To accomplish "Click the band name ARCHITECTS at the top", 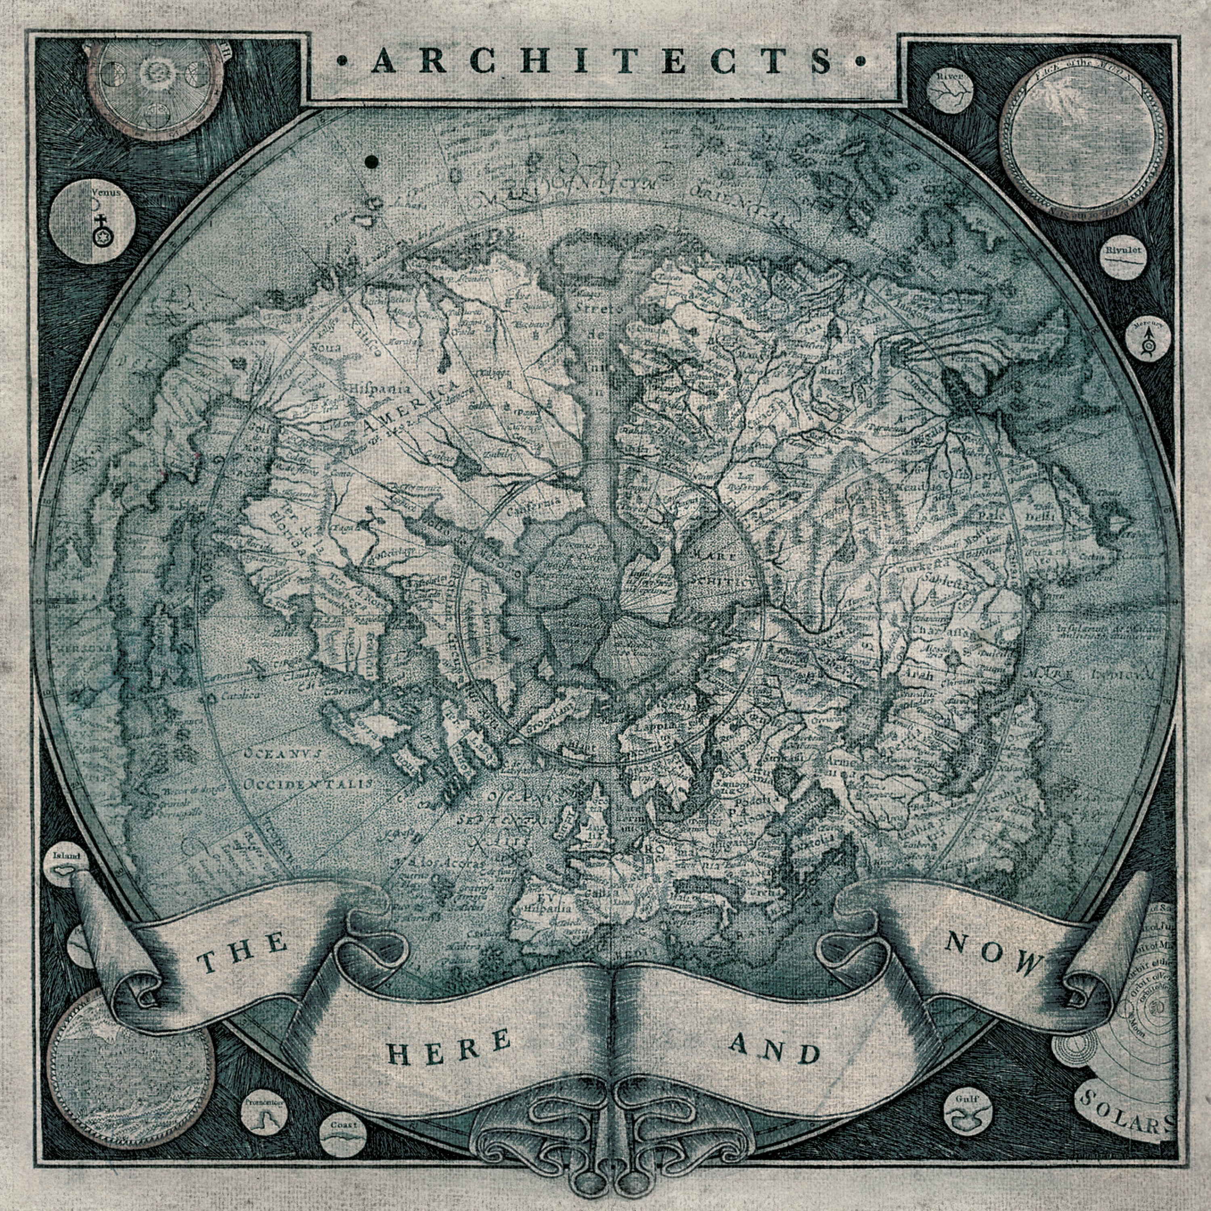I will [x=602, y=62].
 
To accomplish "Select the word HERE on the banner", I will [x=449, y=1048].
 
